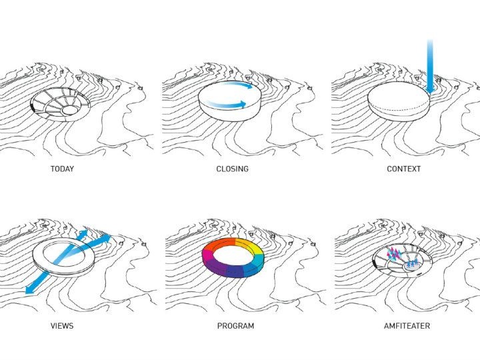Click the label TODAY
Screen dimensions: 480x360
62,169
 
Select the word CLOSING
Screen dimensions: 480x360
232,169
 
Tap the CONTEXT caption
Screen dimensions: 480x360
403,169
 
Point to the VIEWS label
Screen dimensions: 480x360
62,326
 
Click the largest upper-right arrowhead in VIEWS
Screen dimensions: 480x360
105,239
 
